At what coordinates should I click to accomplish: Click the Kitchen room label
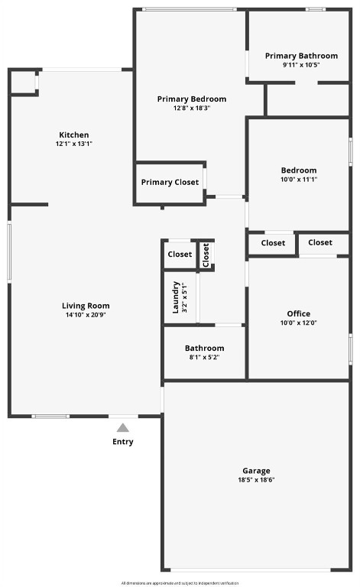click(x=74, y=135)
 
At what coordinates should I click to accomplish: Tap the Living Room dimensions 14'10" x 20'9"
click(x=85, y=315)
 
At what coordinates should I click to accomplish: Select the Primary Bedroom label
click(x=191, y=99)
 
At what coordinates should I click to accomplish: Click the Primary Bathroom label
click(x=301, y=56)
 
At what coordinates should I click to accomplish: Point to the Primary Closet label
click(x=170, y=182)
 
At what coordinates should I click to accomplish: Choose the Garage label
click(x=256, y=471)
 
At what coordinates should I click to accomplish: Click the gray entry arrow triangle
click(x=122, y=428)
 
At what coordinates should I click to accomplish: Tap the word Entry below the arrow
click(x=122, y=442)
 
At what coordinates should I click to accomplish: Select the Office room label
click(x=298, y=313)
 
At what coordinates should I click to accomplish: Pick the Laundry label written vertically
click(x=175, y=297)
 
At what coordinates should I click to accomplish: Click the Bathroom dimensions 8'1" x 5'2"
click(x=204, y=357)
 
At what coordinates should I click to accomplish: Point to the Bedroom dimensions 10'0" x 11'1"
click(x=298, y=180)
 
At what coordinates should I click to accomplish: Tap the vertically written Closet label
click(x=206, y=255)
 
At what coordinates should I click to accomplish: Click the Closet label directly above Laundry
click(x=180, y=255)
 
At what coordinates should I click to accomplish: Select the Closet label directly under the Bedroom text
click(x=273, y=243)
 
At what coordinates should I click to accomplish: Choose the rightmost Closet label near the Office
click(x=320, y=242)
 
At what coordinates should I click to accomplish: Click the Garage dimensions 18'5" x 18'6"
click(x=256, y=480)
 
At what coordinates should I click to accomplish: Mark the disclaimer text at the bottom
click(x=180, y=582)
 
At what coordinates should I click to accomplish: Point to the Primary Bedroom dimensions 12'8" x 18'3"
click(x=191, y=108)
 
